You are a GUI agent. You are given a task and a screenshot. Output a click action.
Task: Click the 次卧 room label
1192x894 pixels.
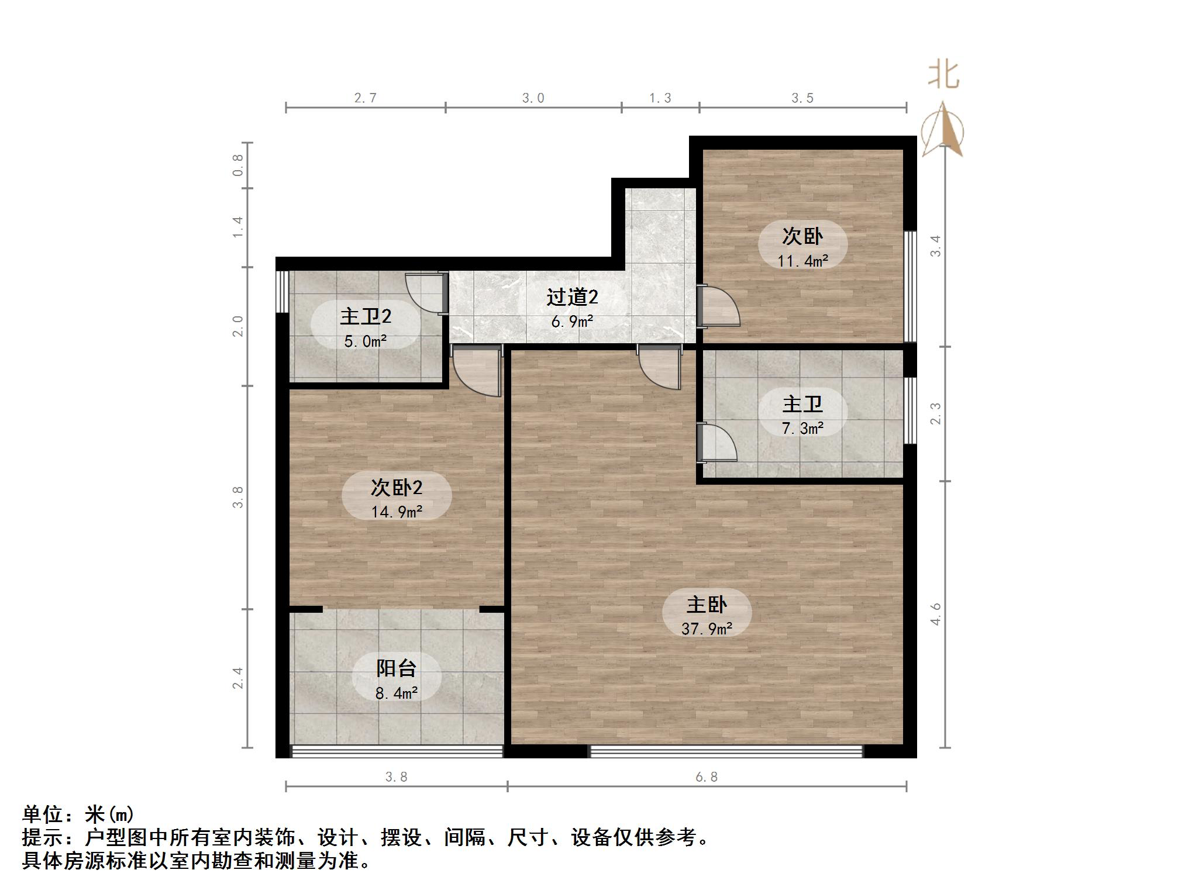click(802, 236)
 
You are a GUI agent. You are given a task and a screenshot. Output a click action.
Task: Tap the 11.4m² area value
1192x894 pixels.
click(802, 261)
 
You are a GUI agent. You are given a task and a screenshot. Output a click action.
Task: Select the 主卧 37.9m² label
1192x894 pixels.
click(707, 616)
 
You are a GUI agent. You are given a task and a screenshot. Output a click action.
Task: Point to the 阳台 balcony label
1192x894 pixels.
click(396, 668)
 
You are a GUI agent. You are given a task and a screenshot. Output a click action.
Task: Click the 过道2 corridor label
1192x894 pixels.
click(572, 297)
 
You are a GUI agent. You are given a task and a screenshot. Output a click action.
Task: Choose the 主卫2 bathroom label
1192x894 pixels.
click(366, 316)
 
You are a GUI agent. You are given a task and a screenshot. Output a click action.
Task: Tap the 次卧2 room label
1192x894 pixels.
click(396, 487)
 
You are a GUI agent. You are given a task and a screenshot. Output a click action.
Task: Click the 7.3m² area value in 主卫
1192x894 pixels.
click(802, 429)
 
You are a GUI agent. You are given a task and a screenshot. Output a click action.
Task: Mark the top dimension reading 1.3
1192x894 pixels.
click(660, 98)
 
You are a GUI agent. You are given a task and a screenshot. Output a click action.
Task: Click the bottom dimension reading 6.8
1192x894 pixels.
click(706, 777)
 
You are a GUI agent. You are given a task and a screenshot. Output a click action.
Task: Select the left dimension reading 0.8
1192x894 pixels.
click(237, 165)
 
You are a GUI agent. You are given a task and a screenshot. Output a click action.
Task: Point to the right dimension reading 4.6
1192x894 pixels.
click(936, 614)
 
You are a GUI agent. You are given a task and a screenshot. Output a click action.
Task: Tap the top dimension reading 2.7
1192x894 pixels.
click(365, 98)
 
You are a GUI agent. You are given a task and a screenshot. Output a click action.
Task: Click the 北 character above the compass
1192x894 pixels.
click(943, 75)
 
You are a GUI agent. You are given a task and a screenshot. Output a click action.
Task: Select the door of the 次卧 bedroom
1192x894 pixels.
click(718, 306)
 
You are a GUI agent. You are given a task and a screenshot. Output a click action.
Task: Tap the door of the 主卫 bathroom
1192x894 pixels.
click(716, 442)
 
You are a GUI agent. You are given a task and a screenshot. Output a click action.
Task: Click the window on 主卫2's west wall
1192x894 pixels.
click(282, 291)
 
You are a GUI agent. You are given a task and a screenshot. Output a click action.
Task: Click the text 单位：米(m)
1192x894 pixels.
click(78, 814)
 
